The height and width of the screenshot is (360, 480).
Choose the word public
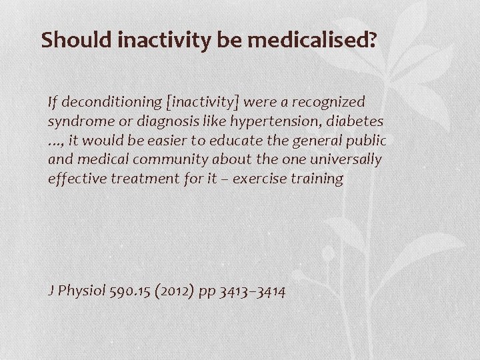coord(366,141)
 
